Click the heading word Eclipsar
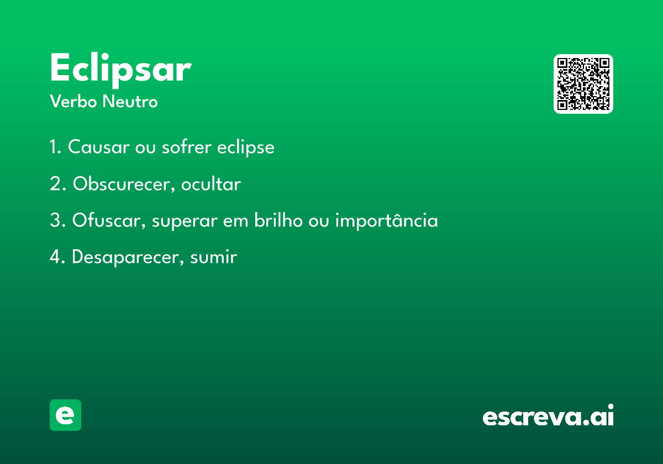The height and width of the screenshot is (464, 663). [x=121, y=70]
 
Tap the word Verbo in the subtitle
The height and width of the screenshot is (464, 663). [x=73, y=101]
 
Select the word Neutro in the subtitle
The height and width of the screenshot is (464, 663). [x=130, y=101]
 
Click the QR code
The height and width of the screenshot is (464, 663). [x=583, y=84]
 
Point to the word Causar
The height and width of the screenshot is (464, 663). [x=99, y=146]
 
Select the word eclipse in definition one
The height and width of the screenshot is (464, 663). [x=246, y=147]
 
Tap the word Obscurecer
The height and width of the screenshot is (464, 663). [x=122, y=184]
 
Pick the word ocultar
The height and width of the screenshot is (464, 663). [x=211, y=184]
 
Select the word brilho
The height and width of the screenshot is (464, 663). [x=278, y=220]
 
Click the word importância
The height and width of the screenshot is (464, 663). [x=387, y=220]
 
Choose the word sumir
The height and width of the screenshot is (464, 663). [x=213, y=257]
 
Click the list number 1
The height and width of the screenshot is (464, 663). [x=55, y=146]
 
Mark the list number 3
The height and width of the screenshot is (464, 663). [x=57, y=220]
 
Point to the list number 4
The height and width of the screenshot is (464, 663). [x=57, y=257]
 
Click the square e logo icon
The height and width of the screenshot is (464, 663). [x=65, y=415]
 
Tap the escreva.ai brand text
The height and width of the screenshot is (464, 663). [x=548, y=415]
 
